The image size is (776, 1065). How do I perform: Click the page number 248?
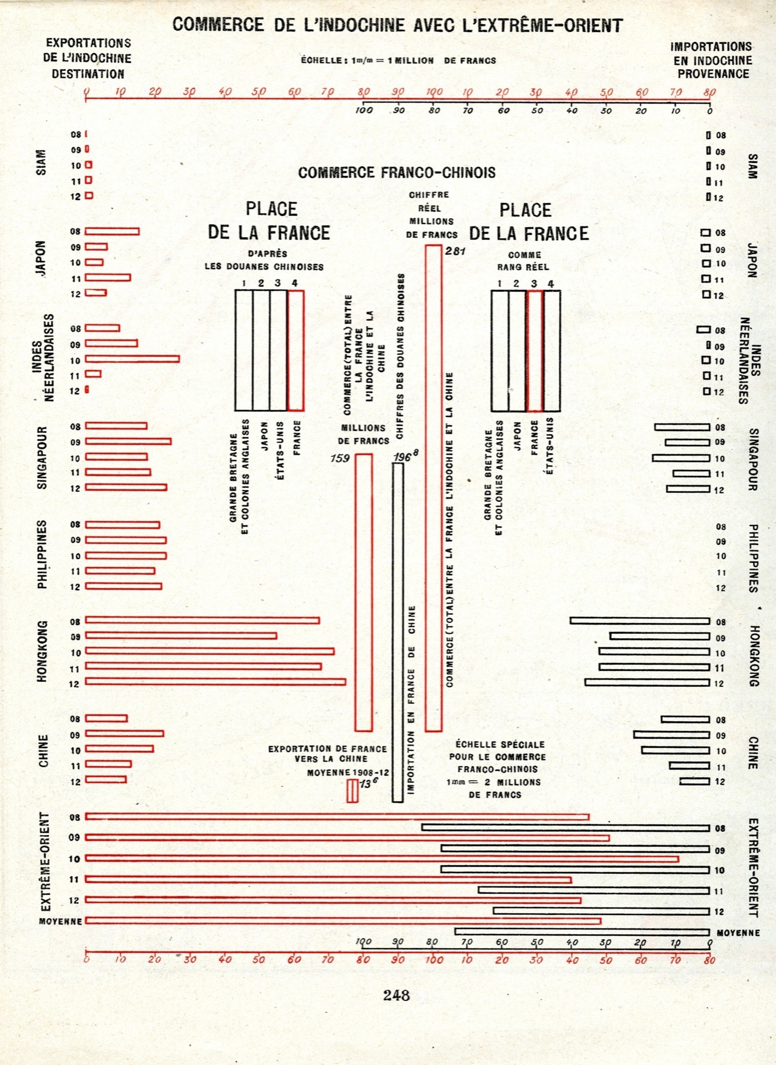pos(396,995)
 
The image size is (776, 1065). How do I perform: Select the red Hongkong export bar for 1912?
pos(216,682)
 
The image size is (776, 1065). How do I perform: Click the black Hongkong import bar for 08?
pos(640,621)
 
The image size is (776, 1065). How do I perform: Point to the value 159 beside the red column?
pos(340,458)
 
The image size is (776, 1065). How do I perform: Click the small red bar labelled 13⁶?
pos(353,791)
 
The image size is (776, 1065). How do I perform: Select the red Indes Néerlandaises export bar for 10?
pos(132,359)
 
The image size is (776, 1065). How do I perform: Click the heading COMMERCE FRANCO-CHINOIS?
pos(397,173)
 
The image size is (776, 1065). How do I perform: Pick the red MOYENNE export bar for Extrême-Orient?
pos(343,921)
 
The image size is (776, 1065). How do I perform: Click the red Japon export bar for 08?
pos(112,231)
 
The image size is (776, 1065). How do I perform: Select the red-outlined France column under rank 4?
pos(295,350)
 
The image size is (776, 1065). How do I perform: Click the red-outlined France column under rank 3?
pos(535,350)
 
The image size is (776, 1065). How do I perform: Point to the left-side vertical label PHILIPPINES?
pos(43,554)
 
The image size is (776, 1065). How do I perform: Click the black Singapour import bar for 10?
pos(681,458)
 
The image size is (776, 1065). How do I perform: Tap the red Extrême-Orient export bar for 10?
pos(382,859)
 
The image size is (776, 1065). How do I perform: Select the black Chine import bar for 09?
pos(671,735)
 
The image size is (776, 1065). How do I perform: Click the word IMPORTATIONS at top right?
pos(711,47)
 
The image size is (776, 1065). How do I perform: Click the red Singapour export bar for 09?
pos(128,441)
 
